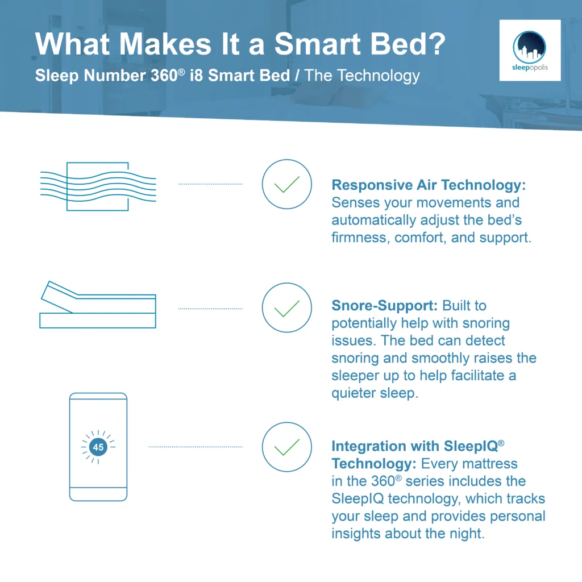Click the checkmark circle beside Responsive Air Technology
[x=286, y=184]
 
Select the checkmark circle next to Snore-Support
[x=286, y=308]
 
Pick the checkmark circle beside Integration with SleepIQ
[x=286, y=447]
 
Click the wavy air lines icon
[x=97, y=186]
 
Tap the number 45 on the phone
[x=98, y=447]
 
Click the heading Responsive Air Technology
[x=428, y=185]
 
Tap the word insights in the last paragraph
[x=356, y=534]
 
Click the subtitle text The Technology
[x=363, y=76]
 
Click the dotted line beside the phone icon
[x=196, y=447]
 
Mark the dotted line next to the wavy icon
[x=210, y=184]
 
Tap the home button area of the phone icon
[x=98, y=493]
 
